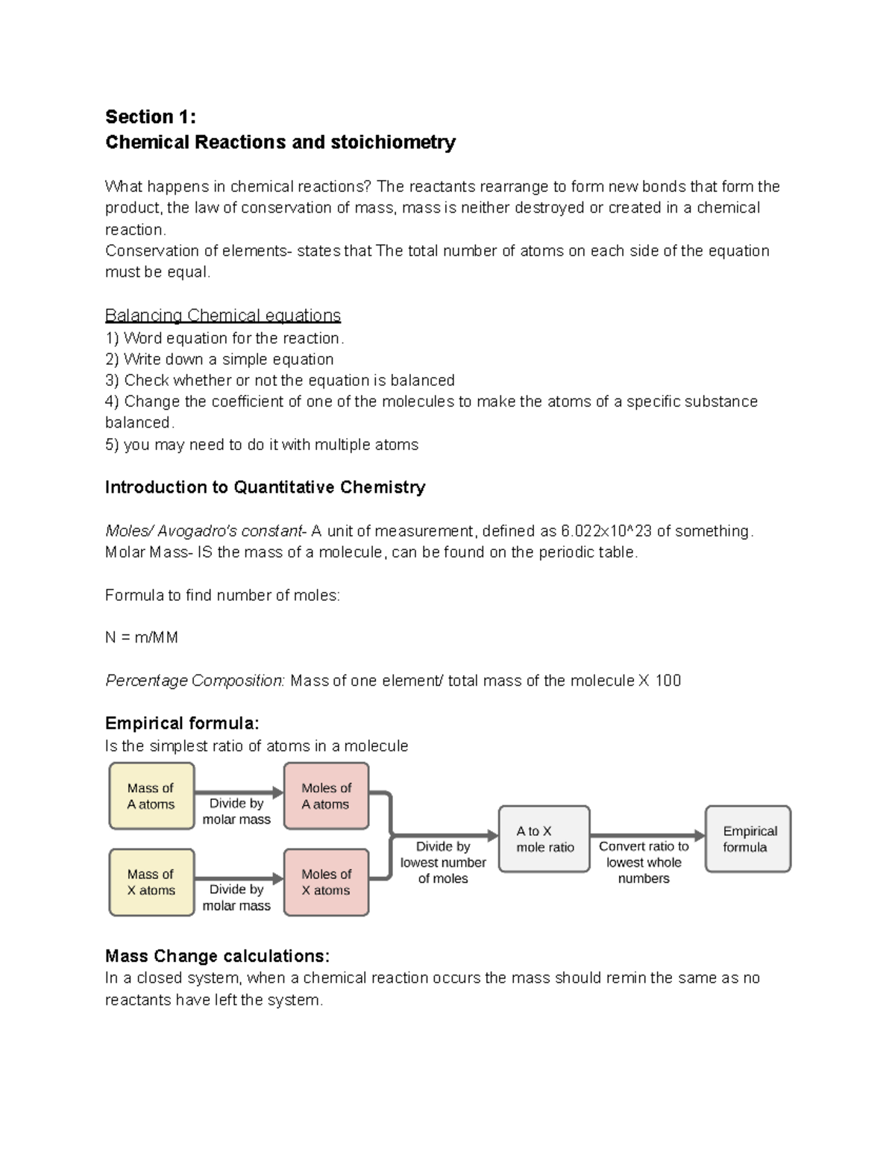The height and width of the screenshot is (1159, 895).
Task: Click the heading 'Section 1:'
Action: pos(151,117)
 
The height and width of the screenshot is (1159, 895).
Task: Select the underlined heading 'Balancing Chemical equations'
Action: pos(223,316)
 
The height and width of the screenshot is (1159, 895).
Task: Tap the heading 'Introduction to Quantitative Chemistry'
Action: pos(265,487)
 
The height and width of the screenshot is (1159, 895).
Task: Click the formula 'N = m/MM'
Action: pos(142,638)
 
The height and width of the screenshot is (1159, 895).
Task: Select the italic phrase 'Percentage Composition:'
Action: pos(195,681)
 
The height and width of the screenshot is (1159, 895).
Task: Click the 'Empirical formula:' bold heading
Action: pos(182,723)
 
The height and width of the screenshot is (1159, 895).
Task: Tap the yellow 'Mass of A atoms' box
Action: pos(151,796)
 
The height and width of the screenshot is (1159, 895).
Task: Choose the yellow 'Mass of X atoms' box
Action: pos(151,882)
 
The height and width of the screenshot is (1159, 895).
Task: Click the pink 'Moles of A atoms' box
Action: pos(326,796)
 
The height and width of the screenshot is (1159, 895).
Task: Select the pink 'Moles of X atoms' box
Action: pos(326,882)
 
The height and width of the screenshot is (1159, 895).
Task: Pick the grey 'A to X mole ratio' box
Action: pos(544,840)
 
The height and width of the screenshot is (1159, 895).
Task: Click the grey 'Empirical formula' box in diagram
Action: pos(748,840)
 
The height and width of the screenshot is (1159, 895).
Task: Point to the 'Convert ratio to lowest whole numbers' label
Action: pos(644,863)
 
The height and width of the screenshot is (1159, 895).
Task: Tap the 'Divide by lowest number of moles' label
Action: pos(443,863)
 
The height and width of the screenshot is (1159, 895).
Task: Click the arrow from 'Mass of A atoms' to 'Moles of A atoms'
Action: pos(239,793)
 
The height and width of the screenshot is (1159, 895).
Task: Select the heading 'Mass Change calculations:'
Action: pos(217,957)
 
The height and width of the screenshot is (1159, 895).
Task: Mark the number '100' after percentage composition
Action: pos(668,681)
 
